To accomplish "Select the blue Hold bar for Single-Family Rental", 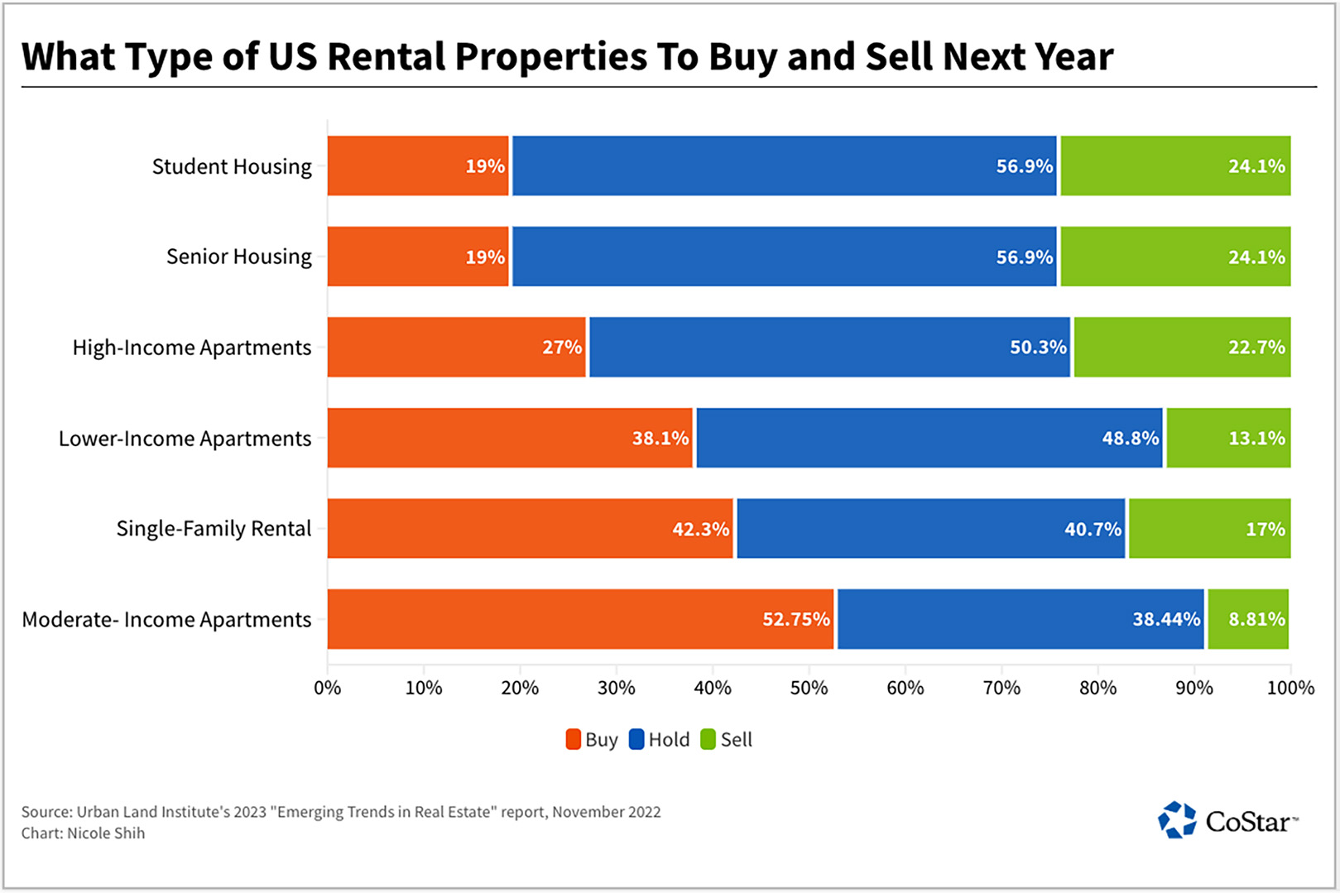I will click(930, 528).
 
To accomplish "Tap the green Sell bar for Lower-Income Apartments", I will click(1228, 438).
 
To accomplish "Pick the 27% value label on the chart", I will click(562, 348).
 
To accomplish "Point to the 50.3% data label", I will click(1038, 348).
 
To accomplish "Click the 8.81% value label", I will click(1256, 619).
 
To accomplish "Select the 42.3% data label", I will click(700, 529).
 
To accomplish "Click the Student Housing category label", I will click(232, 166).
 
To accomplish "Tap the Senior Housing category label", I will click(239, 257).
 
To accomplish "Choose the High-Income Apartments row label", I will click(192, 348).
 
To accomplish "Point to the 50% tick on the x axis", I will click(809, 688).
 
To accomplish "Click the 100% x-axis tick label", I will click(1290, 688).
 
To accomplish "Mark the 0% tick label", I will click(328, 688).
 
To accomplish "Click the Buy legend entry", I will click(592, 740).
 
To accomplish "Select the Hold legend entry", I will click(660, 740).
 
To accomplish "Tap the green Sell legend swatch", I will click(708, 740).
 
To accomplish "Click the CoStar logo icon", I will click(1176, 820).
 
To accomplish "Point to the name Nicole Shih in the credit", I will click(106, 833).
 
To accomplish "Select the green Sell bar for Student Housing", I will click(1175, 166).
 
